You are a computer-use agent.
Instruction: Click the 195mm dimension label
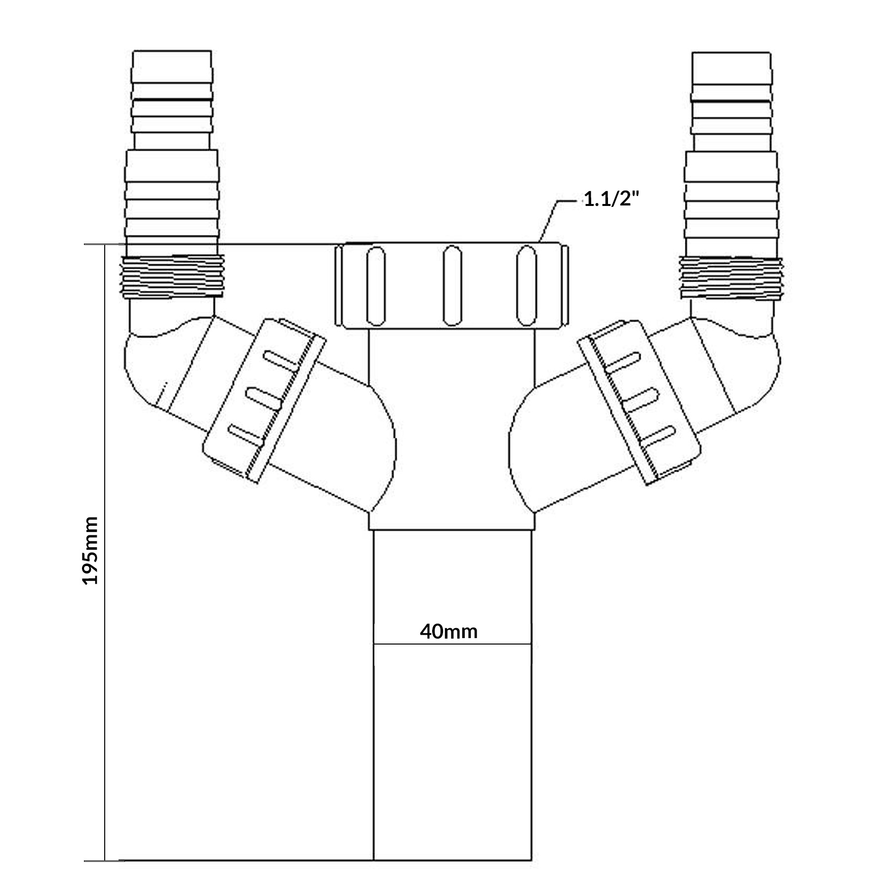tap(90, 550)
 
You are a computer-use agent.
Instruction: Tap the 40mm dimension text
tap(449, 632)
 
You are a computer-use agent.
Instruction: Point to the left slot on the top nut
tap(375, 286)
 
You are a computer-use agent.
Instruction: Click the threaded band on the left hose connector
tap(173, 276)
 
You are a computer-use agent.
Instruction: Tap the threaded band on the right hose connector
tap(731, 277)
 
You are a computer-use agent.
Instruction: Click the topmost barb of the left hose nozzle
tap(172, 66)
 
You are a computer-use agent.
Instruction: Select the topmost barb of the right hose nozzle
tap(731, 68)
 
